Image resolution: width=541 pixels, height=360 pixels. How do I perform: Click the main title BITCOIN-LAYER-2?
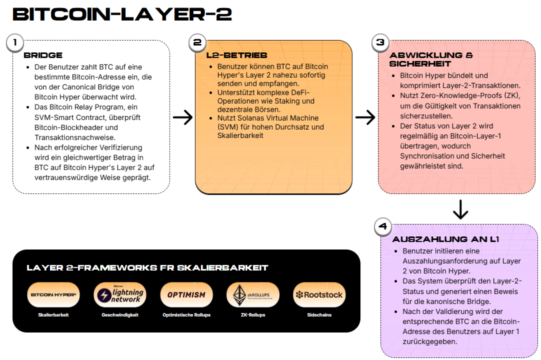[122, 14]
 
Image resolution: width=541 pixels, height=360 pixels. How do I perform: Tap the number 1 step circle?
[16, 42]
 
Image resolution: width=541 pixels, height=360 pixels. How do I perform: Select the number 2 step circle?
[197, 43]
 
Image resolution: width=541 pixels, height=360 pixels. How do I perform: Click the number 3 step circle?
[380, 43]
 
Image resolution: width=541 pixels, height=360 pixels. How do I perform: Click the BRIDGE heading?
[43, 55]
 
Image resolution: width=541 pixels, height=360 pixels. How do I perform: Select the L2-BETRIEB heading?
[237, 55]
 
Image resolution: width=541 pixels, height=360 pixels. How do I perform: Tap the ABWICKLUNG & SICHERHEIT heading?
[431, 59]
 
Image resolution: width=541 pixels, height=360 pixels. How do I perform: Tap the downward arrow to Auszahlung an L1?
[461, 209]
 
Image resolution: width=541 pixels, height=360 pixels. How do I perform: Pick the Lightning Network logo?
[120, 295]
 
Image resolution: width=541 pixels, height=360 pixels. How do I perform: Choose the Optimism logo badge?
[186, 295]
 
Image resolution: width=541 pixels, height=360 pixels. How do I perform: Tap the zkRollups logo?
[253, 295]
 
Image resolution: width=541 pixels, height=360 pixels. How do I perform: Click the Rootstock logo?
[319, 295]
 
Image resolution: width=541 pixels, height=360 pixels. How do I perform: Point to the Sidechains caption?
[319, 315]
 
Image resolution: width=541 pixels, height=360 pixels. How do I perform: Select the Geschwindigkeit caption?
[120, 315]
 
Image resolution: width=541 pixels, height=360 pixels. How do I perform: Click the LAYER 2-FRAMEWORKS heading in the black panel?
[147, 268]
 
